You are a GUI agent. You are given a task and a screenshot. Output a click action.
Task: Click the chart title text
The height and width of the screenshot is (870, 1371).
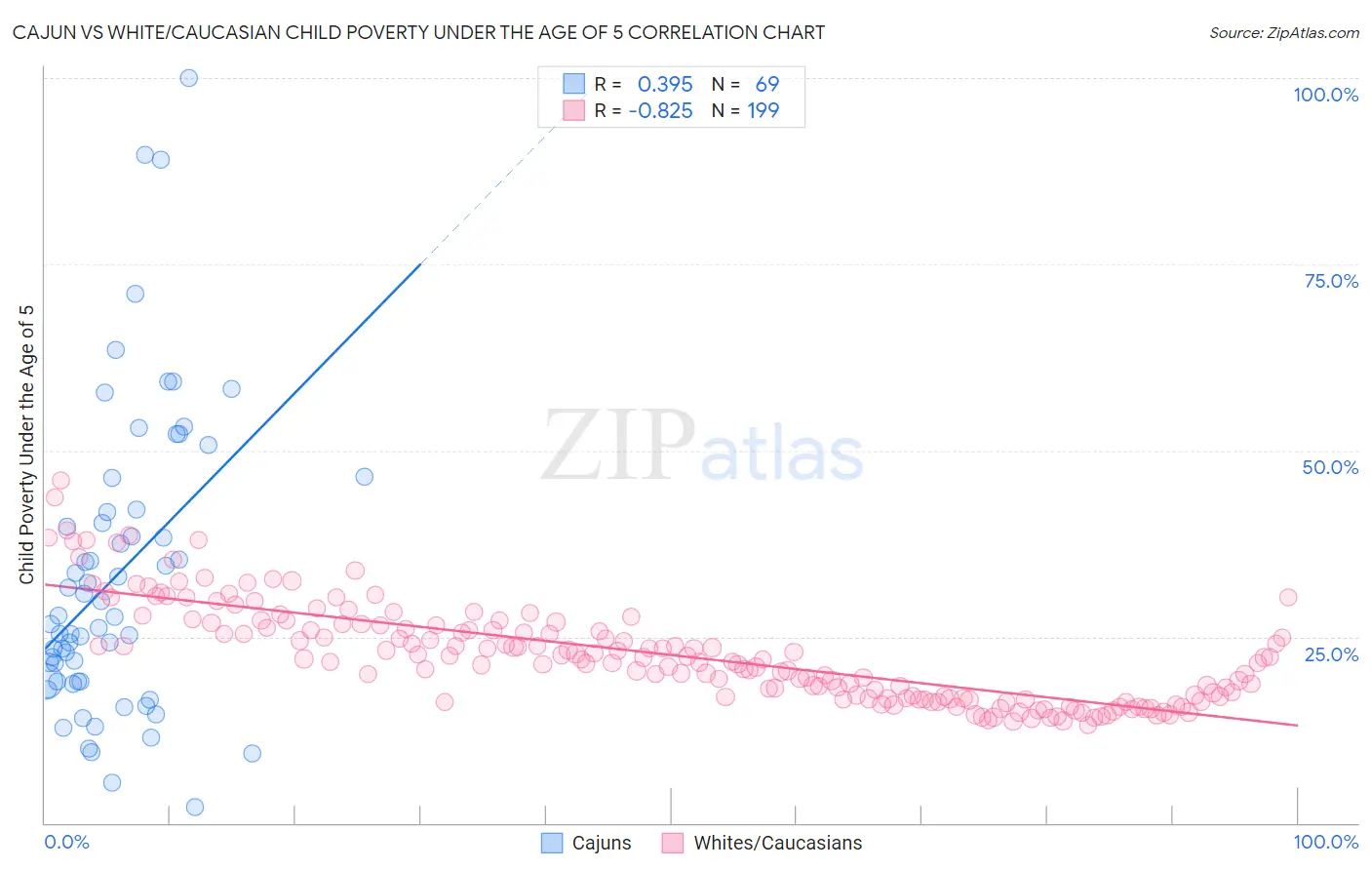point(418,32)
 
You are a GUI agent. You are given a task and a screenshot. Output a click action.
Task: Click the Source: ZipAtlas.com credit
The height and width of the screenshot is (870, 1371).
point(1283,32)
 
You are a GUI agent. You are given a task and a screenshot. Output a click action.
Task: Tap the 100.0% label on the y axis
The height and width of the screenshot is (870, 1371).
point(1325,95)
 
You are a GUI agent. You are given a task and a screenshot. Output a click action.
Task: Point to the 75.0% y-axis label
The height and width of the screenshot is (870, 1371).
point(1331,281)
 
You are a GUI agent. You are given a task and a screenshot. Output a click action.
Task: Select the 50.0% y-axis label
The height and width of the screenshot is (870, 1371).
point(1330,467)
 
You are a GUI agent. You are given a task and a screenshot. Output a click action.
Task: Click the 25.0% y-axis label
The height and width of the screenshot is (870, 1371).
point(1331,653)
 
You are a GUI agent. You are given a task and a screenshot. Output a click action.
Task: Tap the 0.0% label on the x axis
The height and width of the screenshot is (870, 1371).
point(66,842)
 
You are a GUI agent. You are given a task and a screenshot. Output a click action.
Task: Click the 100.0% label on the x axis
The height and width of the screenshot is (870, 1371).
point(1325,842)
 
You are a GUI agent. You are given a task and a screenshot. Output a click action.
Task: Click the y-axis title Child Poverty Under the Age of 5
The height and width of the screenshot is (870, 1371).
point(27,444)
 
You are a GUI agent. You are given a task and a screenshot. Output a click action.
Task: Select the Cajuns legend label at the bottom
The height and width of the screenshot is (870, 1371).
point(601,843)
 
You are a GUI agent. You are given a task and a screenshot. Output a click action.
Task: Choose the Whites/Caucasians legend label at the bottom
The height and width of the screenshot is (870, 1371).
point(777,843)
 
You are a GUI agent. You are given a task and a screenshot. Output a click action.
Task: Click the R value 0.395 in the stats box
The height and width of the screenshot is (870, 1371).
point(665,84)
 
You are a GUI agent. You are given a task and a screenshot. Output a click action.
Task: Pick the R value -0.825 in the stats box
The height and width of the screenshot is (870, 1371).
point(660,110)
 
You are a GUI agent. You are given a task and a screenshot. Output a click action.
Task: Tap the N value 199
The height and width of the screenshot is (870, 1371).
point(763,110)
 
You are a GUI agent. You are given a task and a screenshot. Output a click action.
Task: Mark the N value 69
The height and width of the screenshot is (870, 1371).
point(767,84)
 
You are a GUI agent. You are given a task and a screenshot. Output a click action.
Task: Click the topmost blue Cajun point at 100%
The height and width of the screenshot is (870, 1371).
point(189,78)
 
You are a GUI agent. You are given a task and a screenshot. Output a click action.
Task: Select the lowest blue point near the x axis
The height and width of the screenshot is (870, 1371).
point(195,807)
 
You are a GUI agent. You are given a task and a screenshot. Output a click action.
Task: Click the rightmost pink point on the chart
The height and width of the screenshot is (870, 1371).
point(1287,597)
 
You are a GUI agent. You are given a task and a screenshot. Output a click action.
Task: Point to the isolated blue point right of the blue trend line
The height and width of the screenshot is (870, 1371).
point(364,477)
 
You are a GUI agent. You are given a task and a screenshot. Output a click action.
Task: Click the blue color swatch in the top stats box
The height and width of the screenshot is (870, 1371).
point(574,84)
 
